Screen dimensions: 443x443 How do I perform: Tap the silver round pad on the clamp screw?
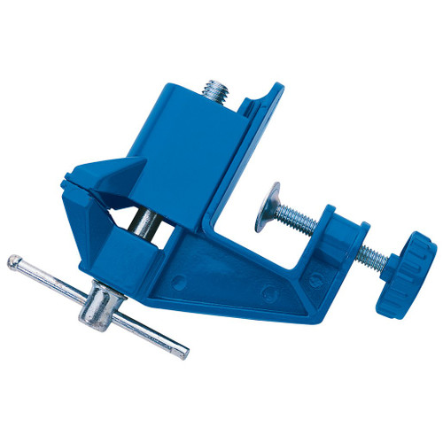click(265, 206)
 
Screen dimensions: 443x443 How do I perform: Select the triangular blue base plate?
click(257, 284)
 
